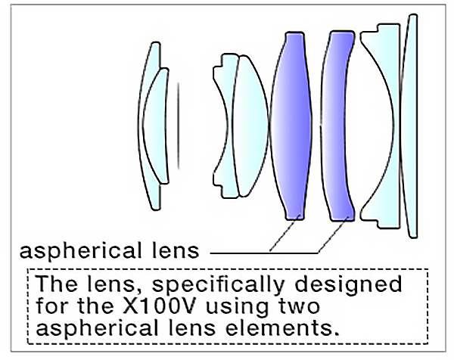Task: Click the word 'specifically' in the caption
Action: click(x=218, y=285)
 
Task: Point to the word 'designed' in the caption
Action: click(x=348, y=285)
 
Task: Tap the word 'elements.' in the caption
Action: click(x=282, y=328)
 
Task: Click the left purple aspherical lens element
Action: click(x=291, y=126)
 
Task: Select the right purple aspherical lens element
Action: click(x=337, y=126)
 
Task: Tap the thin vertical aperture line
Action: click(x=179, y=126)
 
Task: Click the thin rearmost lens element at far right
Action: click(x=409, y=126)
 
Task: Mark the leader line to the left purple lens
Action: click(x=284, y=234)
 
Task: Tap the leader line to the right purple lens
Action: click(x=333, y=234)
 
